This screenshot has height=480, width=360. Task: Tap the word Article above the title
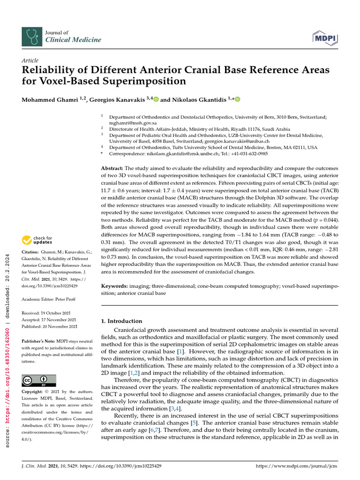point(30,61)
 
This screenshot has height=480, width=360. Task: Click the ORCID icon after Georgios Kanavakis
point(156,99)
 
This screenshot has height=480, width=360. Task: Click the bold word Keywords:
point(115,285)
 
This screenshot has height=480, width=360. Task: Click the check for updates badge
point(37,240)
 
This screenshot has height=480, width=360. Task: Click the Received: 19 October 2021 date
point(49,313)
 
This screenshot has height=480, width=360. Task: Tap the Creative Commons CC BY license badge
point(39,380)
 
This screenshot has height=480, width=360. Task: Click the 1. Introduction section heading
point(122,321)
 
